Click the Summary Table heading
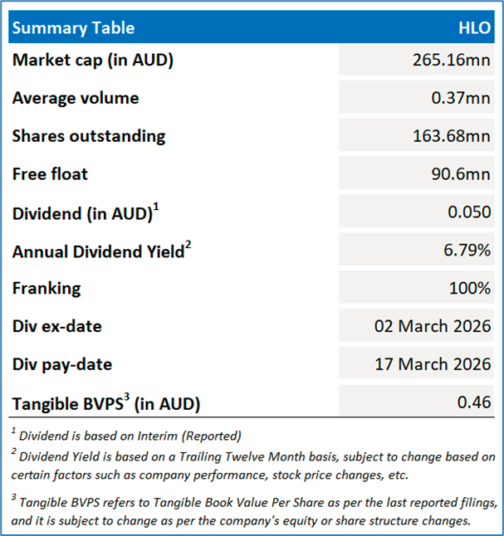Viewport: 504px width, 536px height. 73,28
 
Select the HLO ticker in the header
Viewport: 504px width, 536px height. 474,28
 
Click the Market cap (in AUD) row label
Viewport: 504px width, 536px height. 93,60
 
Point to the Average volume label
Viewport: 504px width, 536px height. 76,98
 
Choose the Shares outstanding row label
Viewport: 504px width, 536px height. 89,136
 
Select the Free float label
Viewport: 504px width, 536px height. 50,174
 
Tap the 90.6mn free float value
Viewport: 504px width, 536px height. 461,174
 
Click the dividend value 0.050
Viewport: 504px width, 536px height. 470,212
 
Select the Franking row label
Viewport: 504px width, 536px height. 46,289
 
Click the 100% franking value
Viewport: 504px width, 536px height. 471,289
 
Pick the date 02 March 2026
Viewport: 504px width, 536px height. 433,327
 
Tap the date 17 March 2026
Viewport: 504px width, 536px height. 433,365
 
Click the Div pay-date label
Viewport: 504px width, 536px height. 62,365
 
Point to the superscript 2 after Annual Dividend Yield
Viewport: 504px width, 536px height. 188,245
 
